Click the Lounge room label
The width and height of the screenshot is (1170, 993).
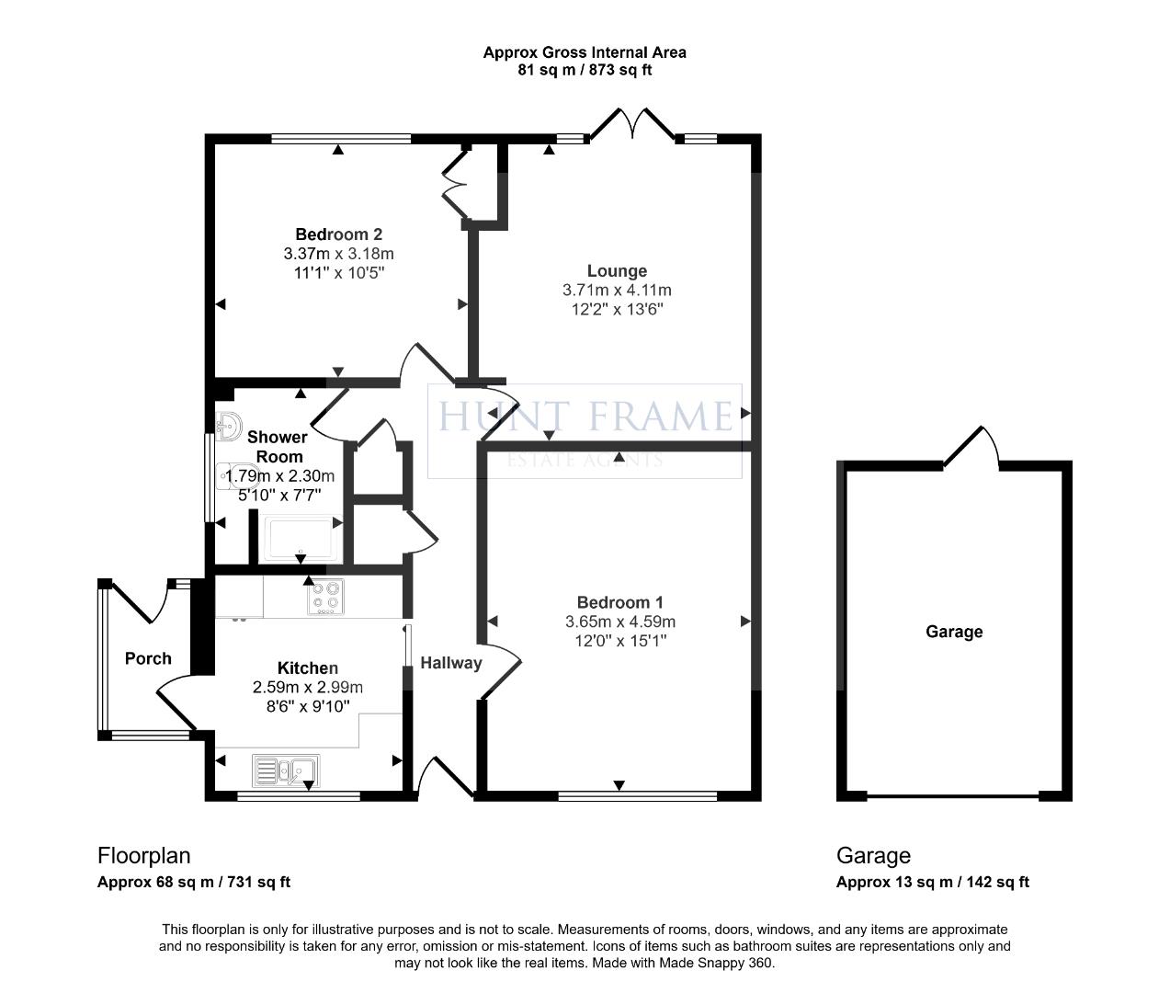(617, 271)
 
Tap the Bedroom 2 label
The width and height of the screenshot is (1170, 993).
(338, 234)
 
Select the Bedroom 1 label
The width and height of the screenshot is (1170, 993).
(619, 602)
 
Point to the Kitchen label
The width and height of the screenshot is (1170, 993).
(307, 668)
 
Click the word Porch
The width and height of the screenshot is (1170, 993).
(148, 658)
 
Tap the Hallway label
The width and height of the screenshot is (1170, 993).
(450, 663)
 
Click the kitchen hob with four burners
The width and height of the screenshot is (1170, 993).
(325, 597)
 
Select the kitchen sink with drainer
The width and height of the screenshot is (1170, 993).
(286, 770)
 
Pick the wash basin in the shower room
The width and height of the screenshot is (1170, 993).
(228, 425)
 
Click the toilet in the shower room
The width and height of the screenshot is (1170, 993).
(238, 476)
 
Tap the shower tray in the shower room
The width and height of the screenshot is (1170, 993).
(301, 538)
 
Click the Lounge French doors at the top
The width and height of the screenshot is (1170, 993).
(632, 124)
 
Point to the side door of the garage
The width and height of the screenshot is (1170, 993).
(971, 447)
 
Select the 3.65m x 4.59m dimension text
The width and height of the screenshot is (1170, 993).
(619, 622)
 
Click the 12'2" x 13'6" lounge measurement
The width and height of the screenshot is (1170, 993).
(617, 309)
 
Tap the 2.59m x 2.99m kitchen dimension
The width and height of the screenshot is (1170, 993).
(307, 688)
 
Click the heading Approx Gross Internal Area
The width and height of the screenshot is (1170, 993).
(585, 52)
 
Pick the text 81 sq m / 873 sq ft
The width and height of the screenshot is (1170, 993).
(585, 70)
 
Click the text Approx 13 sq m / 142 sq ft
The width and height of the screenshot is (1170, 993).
(932, 882)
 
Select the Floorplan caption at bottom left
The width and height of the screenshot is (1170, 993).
(143, 855)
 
